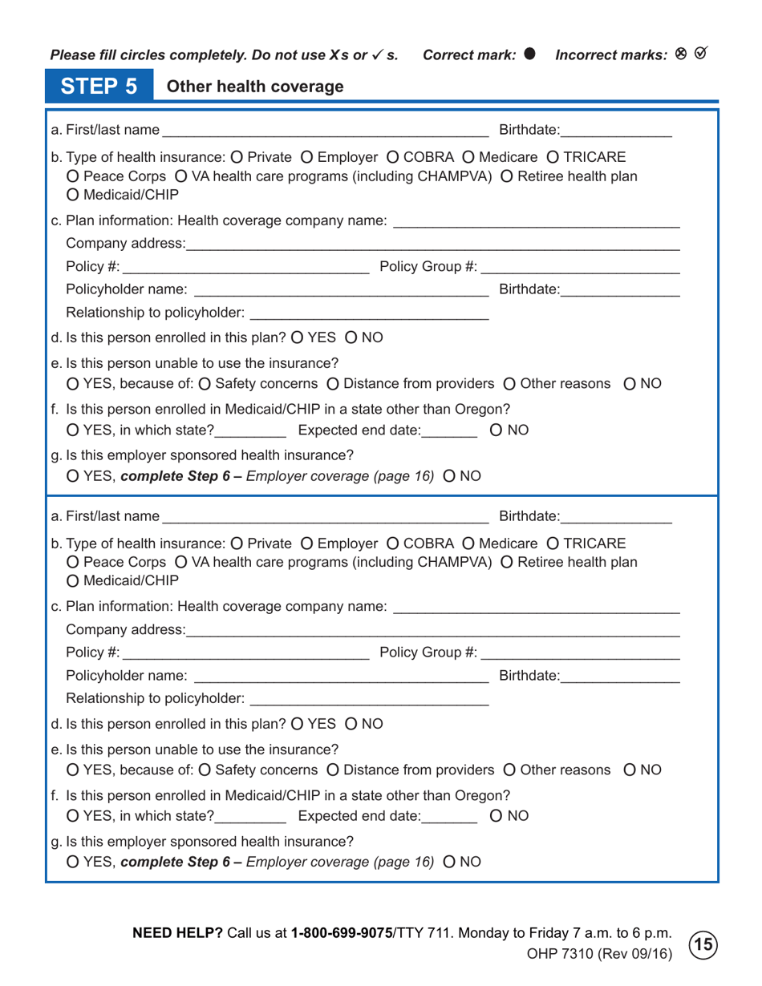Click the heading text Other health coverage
(x=254, y=87)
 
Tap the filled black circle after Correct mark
(x=529, y=54)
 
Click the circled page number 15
(x=704, y=944)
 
